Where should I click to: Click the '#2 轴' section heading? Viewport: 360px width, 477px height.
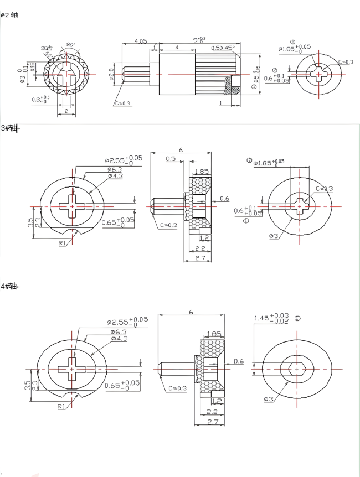10,15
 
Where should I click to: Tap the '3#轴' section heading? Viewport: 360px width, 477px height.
10,128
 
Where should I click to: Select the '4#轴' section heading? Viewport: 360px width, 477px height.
10,286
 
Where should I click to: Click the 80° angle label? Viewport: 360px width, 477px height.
70,44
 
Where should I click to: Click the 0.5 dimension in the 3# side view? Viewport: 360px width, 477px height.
171,159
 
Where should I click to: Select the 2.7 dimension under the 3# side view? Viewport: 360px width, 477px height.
200,258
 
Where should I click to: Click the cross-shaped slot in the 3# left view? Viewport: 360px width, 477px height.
71,206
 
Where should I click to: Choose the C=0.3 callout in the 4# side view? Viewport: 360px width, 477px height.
177,388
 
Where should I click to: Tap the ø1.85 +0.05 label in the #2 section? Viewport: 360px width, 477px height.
294,49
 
